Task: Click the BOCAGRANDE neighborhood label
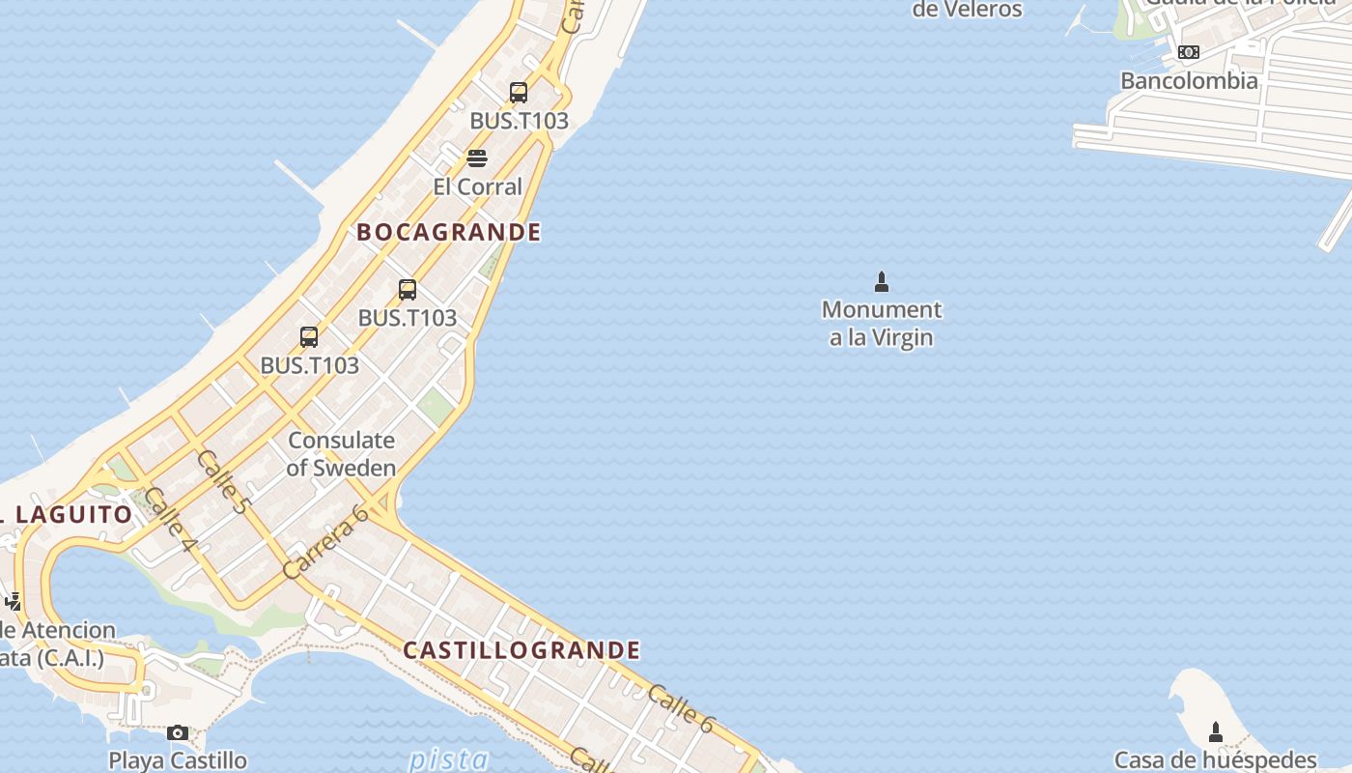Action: click(449, 232)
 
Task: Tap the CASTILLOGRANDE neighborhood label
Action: click(521, 650)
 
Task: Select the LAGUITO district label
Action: click(73, 514)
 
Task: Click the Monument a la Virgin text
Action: click(882, 324)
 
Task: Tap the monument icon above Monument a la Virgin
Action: click(881, 282)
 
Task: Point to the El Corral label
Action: click(477, 186)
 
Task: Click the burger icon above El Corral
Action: click(477, 157)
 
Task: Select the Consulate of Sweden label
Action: click(342, 454)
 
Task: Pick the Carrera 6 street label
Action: click(326, 541)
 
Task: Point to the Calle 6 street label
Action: click(681, 708)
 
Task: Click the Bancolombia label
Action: click(1189, 80)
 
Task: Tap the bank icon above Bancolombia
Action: click(1189, 52)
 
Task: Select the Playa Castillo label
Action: click(178, 760)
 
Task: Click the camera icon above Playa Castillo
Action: click(178, 733)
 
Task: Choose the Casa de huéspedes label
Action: click(1216, 760)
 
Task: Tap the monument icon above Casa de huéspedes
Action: click(1216, 732)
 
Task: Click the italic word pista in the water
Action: click(448, 759)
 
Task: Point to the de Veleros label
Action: click(967, 10)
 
